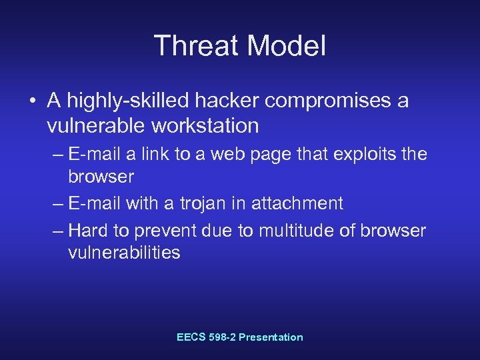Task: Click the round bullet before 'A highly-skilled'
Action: click(32, 101)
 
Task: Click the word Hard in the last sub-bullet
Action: click(88, 230)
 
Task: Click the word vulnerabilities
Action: click(124, 253)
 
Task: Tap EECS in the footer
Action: click(191, 337)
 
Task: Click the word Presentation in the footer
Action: click(271, 337)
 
